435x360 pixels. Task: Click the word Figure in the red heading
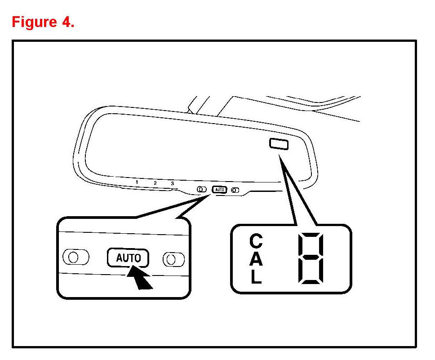pyautogui.click(x=32, y=22)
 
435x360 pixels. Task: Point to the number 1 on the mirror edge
pyautogui.click(x=137, y=182)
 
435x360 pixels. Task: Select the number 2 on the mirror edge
pyautogui.click(x=155, y=183)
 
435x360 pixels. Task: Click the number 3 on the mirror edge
pyautogui.click(x=172, y=183)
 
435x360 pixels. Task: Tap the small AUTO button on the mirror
pyautogui.click(x=219, y=190)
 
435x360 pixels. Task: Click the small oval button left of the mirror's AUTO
pyautogui.click(x=201, y=189)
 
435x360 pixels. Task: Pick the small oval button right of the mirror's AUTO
pyautogui.click(x=235, y=190)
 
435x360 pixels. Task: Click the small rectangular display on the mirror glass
pyautogui.click(x=279, y=143)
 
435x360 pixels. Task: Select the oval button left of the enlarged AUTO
pyautogui.click(x=76, y=257)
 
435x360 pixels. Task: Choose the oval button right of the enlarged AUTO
pyautogui.click(x=173, y=259)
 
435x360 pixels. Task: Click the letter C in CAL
pyautogui.click(x=256, y=242)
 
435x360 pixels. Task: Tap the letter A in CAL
pyautogui.click(x=256, y=260)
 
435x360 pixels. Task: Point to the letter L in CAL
pyautogui.click(x=256, y=278)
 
